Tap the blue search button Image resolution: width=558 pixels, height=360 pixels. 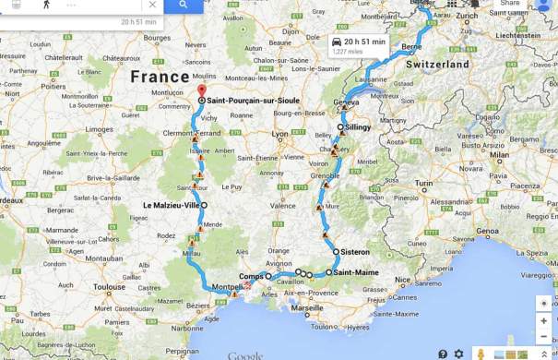(x=184, y=5)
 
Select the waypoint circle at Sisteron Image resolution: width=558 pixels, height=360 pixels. (x=337, y=251)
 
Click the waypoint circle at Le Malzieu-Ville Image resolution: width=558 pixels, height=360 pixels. (x=205, y=205)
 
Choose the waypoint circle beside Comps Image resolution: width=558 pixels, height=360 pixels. (x=268, y=276)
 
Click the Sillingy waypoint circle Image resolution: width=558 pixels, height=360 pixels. (x=340, y=127)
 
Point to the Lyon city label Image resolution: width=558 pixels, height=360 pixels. (x=279, y=134)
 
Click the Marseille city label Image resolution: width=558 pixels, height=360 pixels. (x=306, y=308)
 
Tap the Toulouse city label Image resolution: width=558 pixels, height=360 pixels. (x=108, y=287)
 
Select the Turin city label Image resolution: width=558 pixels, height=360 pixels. (x=424, y=184)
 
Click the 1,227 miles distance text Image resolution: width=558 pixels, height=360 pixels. (x=349, y=53)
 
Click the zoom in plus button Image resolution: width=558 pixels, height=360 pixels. (x=544, y=320)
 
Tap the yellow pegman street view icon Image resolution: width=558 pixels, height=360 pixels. (x=480, y=354)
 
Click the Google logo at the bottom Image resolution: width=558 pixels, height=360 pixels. (x=244, y=355)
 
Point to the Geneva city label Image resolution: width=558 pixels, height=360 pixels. (x=346, y=102)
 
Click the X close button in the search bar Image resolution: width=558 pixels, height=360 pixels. (x=152, y=5)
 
